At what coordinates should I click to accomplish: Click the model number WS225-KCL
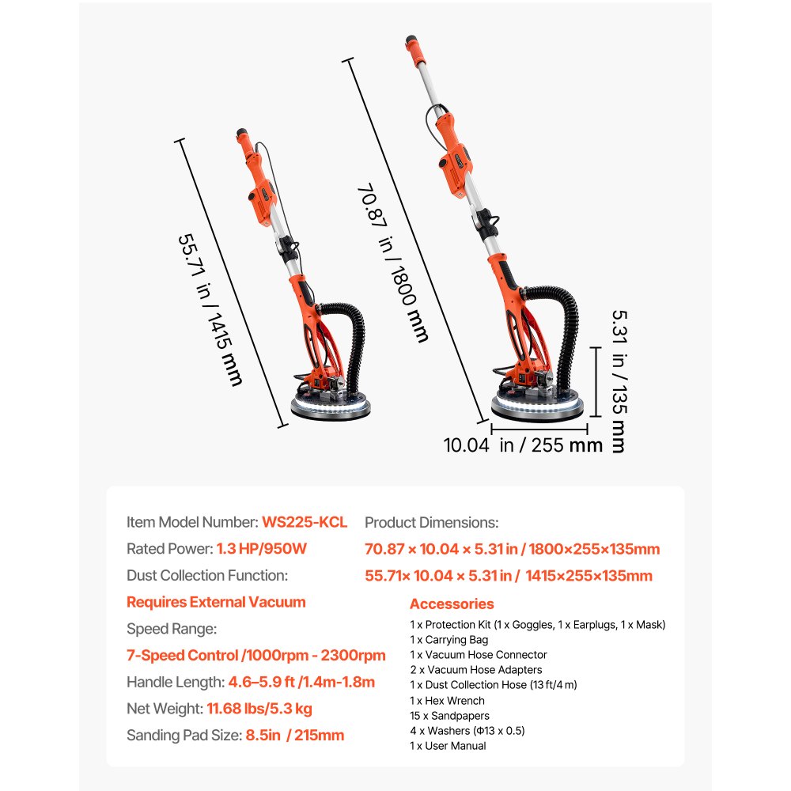click(x=305, y=522)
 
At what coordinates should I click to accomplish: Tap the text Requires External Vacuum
click(x=216, y=602)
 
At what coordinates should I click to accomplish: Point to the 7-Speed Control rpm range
click(x=256, y=655)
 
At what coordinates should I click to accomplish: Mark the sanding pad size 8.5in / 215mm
click(x=293, y=736)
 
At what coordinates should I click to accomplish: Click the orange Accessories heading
click(x=452, y=604)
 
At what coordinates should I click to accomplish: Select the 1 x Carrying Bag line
click(x=448, y=640)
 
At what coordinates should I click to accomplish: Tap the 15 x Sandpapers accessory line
click(x=449, y=716)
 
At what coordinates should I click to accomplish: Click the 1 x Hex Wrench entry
click(x=447, y=701)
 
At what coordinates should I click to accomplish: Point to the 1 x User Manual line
click(x=448, y=746)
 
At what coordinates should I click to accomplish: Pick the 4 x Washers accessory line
click(x=467, y=731)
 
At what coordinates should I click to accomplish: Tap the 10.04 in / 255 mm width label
click(x=523, y=445)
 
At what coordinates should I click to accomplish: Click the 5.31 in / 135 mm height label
click(x=618, y=380)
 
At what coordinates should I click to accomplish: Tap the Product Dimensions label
click(x=431, y=522)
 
